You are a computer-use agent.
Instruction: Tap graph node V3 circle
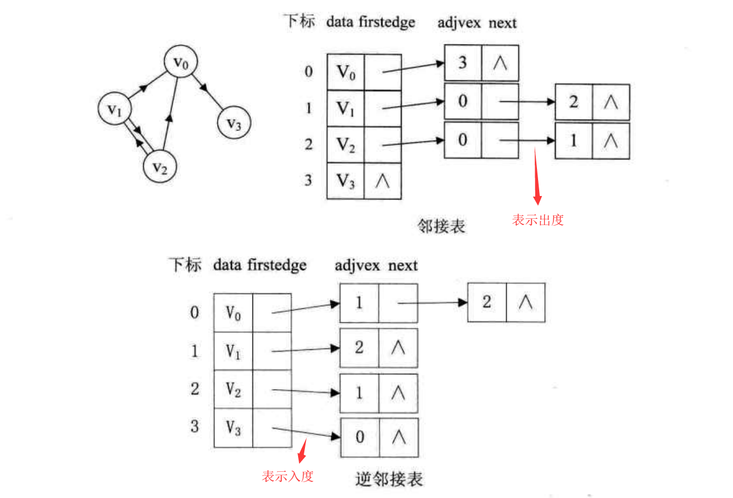pyautogui.click(x=234, y=123)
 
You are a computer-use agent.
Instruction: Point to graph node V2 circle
pyautogui.click(x=160, y=167)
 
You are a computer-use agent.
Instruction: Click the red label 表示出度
pyautogui.click(x=538, y=221)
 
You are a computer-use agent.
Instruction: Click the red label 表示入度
pyautogui.click(x=288, y=476)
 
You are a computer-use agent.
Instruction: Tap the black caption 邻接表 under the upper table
pyautogui.click(x=441, y=226)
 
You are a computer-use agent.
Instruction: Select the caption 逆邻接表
pyautogui.click(x=389, y=479)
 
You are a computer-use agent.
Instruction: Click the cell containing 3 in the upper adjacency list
pyautogui.click(x=463, y=63)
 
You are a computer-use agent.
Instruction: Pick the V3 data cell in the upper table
pyautogui.click(x=345, y=181)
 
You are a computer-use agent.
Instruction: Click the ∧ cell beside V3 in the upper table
pyautogui.click(x=382, y=181)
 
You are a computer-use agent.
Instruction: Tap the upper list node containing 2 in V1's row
pyautogui.click(x=573, y=102)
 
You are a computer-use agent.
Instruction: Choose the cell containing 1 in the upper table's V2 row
pyautogui.click(x=573, y=140)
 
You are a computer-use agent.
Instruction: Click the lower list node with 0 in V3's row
pyautogui.click(x=360, y=437)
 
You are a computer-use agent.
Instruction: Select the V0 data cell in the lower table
pyautogui.click(x=233, y=313)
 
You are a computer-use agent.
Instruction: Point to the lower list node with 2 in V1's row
pyautogui.click(x=359, y=347)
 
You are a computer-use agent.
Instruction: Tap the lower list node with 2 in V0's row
pyautogui.click(x=487, y=302)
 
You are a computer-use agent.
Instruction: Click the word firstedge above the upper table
pyautogui.click(x=387, y=23)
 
